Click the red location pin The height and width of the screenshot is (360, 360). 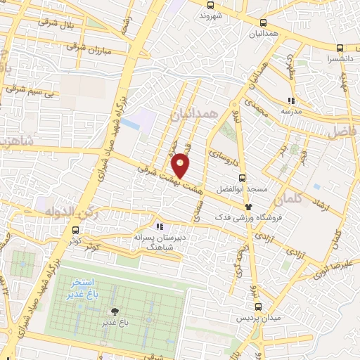[181, 166]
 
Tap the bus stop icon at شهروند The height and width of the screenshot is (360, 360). [210, 4]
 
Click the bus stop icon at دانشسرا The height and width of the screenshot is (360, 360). [340, 48]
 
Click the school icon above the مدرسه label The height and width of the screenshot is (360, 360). [291, 101]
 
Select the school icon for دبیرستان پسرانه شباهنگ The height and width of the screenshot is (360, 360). [160, 226]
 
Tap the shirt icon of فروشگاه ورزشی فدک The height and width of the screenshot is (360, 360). [248, 207]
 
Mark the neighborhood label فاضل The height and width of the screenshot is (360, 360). [342, 130]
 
